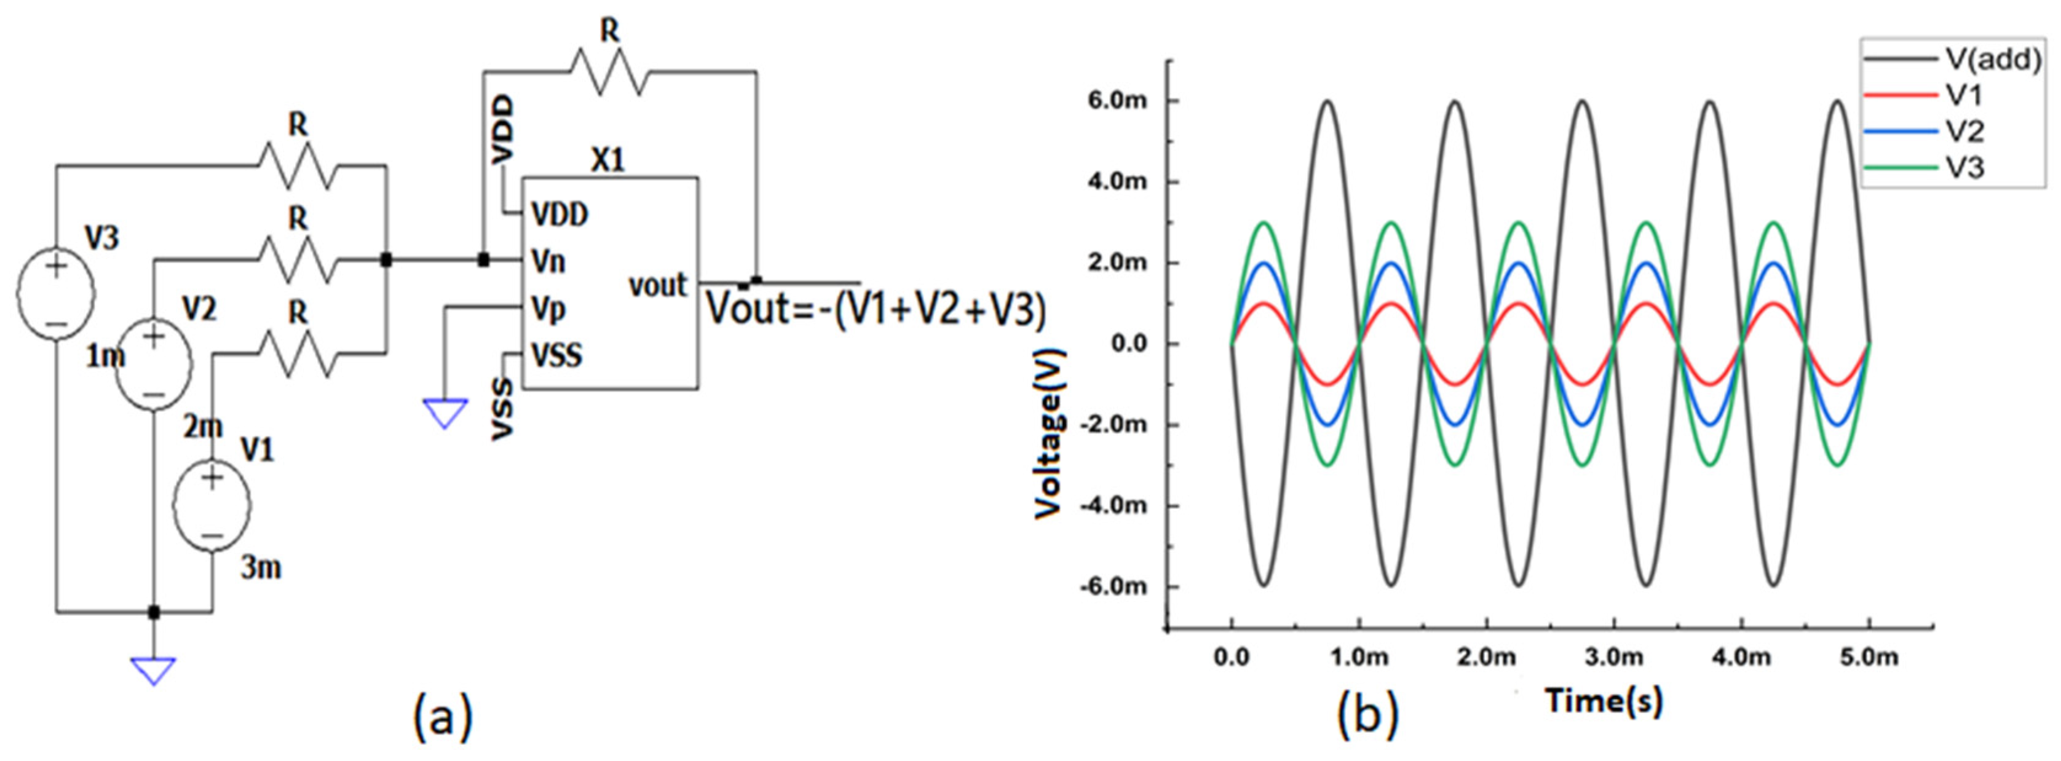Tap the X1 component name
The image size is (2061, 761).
click(608, 161)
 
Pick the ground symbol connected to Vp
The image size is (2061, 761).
click(445, 413)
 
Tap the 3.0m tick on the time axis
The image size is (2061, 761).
click(1614, 658)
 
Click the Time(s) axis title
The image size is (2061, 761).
click(1605, 701)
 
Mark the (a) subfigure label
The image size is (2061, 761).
click(443, 716)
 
